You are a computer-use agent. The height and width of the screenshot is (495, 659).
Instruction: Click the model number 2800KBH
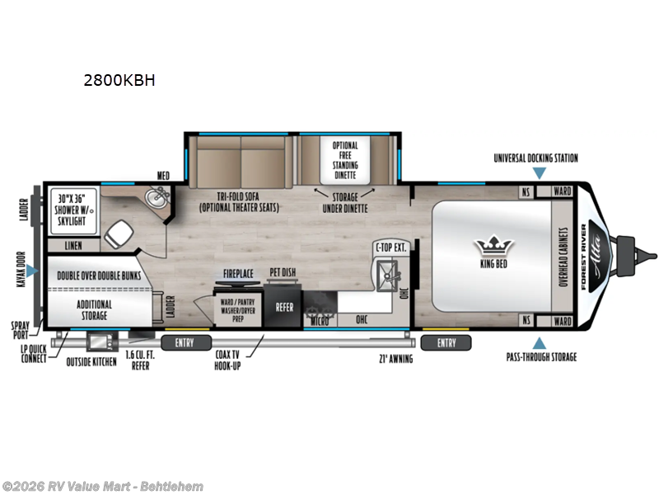119,81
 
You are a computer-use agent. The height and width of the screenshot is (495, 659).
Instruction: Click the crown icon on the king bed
494,245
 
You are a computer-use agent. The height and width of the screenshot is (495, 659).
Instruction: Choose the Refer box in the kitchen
284,306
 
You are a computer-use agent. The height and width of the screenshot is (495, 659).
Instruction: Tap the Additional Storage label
94,309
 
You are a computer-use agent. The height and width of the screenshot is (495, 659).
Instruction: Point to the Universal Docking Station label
535,158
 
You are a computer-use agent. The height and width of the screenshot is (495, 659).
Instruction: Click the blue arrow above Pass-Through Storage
540,342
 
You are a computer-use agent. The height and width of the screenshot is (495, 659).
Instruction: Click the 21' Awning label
395,358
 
